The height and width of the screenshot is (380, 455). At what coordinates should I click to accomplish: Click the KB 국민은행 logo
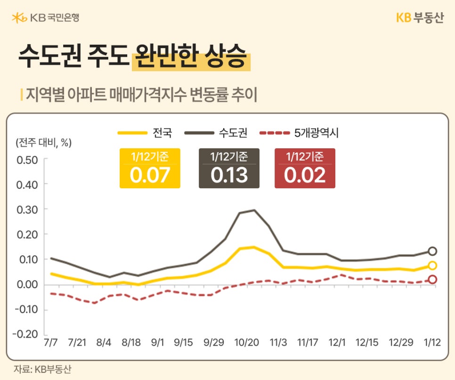(x=46, y=18)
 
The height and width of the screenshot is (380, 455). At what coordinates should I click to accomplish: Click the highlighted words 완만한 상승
(x=190, y=57)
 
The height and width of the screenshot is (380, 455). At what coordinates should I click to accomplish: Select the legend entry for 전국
(x=146, y=133)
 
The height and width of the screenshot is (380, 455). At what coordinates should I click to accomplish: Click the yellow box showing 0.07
(x=150, y=169)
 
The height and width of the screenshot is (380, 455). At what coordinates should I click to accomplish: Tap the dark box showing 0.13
(x=229, y=169)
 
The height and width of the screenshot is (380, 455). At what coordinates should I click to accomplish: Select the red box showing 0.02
(x=305, y=169)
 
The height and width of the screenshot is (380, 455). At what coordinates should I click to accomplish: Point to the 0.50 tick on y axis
(x=27, y=159)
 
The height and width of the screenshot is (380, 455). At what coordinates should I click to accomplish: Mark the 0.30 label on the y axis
(x=27, y=209)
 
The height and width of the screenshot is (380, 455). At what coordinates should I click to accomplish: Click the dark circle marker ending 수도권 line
(x=432, y=251)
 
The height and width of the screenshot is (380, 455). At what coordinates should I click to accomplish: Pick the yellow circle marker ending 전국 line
(x=432, y=266)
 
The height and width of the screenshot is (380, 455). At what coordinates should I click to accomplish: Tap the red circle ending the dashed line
(x=432, y=280)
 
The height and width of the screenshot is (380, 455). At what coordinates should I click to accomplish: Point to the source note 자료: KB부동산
(x=42, y=369)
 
